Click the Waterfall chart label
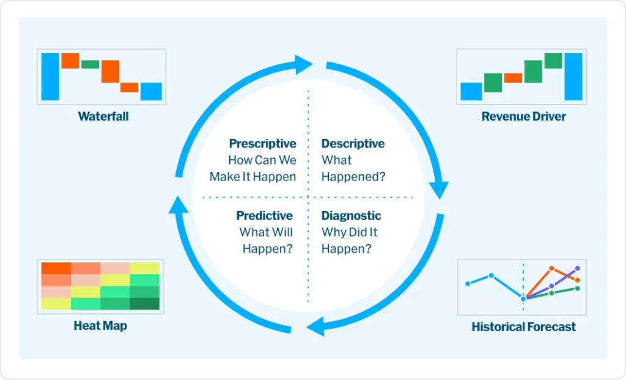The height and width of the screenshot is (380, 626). click(x=103, y=116)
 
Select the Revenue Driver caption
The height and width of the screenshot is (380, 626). click(x=523, y=116)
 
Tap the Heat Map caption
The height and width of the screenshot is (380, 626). click(x=100, y=326)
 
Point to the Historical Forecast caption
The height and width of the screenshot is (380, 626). click(x=523, y=327)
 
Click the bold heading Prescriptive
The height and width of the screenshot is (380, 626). click(x=262, y=143)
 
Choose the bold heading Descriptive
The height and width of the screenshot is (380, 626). click(x=353, y=143)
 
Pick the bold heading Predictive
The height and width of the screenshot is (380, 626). click(x=264, y=216)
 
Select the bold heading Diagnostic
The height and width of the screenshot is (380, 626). click(x=352, y=216)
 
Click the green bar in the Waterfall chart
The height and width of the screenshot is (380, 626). click(x=90, y=64)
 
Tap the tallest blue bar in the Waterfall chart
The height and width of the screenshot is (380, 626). click(x=50, y=76)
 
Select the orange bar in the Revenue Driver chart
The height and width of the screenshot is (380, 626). click(x=513, y=78)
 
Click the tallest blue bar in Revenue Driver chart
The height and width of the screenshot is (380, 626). click(x=573, y=76)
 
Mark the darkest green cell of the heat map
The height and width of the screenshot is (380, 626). click(x=144, y=304)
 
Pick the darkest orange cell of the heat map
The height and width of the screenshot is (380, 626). click(x=56, y=268)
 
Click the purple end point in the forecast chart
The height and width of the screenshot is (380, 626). click(x=577, y=269)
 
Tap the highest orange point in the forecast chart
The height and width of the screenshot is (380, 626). click(x=551, y=268)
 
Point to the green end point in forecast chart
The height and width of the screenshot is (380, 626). click(x=577, y=288)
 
